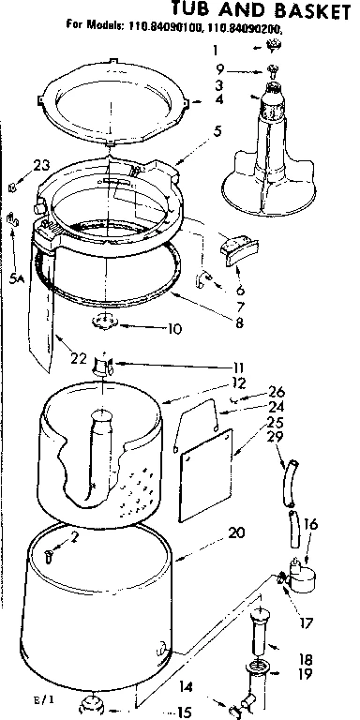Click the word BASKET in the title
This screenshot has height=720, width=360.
(304, 11)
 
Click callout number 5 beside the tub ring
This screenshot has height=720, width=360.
(217, 130)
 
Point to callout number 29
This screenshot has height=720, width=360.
(274, 438)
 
